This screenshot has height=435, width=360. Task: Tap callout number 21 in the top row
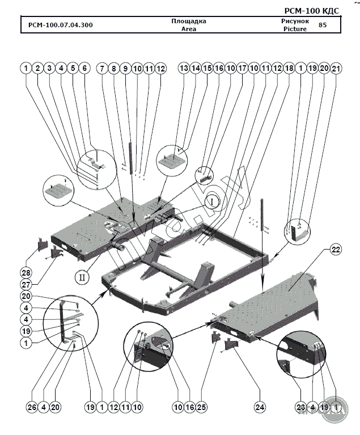(336, 68)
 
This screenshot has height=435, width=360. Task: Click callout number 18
(289, 68)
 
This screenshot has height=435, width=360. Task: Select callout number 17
(242, 68)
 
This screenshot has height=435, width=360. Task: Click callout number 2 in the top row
(38, 68)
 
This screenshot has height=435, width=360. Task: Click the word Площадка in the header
(188, 22)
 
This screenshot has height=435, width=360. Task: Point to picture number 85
(323, 25)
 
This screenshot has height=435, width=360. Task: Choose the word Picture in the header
(295, 29)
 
